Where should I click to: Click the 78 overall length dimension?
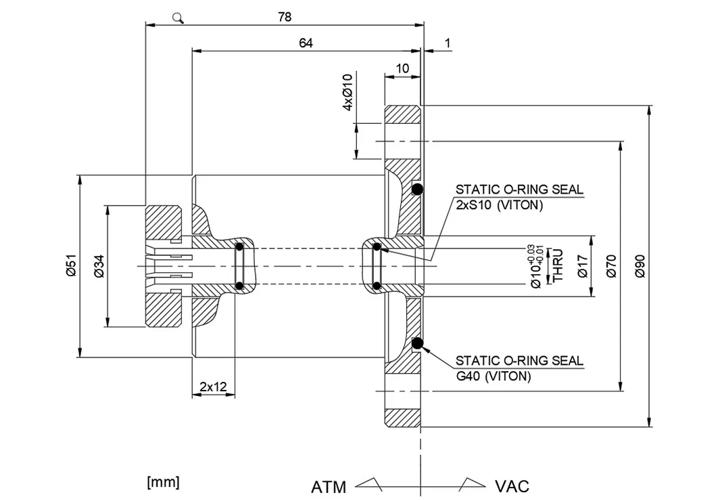pos(285,17)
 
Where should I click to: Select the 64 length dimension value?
pos(306,43)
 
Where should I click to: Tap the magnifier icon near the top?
pos(178,18)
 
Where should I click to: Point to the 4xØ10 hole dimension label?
pos(348,92)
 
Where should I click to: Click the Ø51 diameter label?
pos(71,265)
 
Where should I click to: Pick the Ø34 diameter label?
pos(99,266)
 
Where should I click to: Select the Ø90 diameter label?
pos(640,266)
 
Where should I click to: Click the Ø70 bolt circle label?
pos(611,266)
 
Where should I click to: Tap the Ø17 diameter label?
pos(583,266)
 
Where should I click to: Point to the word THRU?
pos(558,265)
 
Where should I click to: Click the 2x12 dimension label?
pos(213,387)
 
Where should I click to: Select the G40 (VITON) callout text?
pos(493,376)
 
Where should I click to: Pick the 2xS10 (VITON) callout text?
pos(499,204)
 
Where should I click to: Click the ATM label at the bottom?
pos(329,487)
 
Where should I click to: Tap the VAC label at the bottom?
pos(512,486)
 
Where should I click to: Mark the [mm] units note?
pos(163,482)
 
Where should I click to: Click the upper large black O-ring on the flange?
pos(417,189)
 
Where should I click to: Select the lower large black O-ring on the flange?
pos(417,343)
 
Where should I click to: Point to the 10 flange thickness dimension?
pos(402,68)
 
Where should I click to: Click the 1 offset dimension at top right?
pos(448,43)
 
